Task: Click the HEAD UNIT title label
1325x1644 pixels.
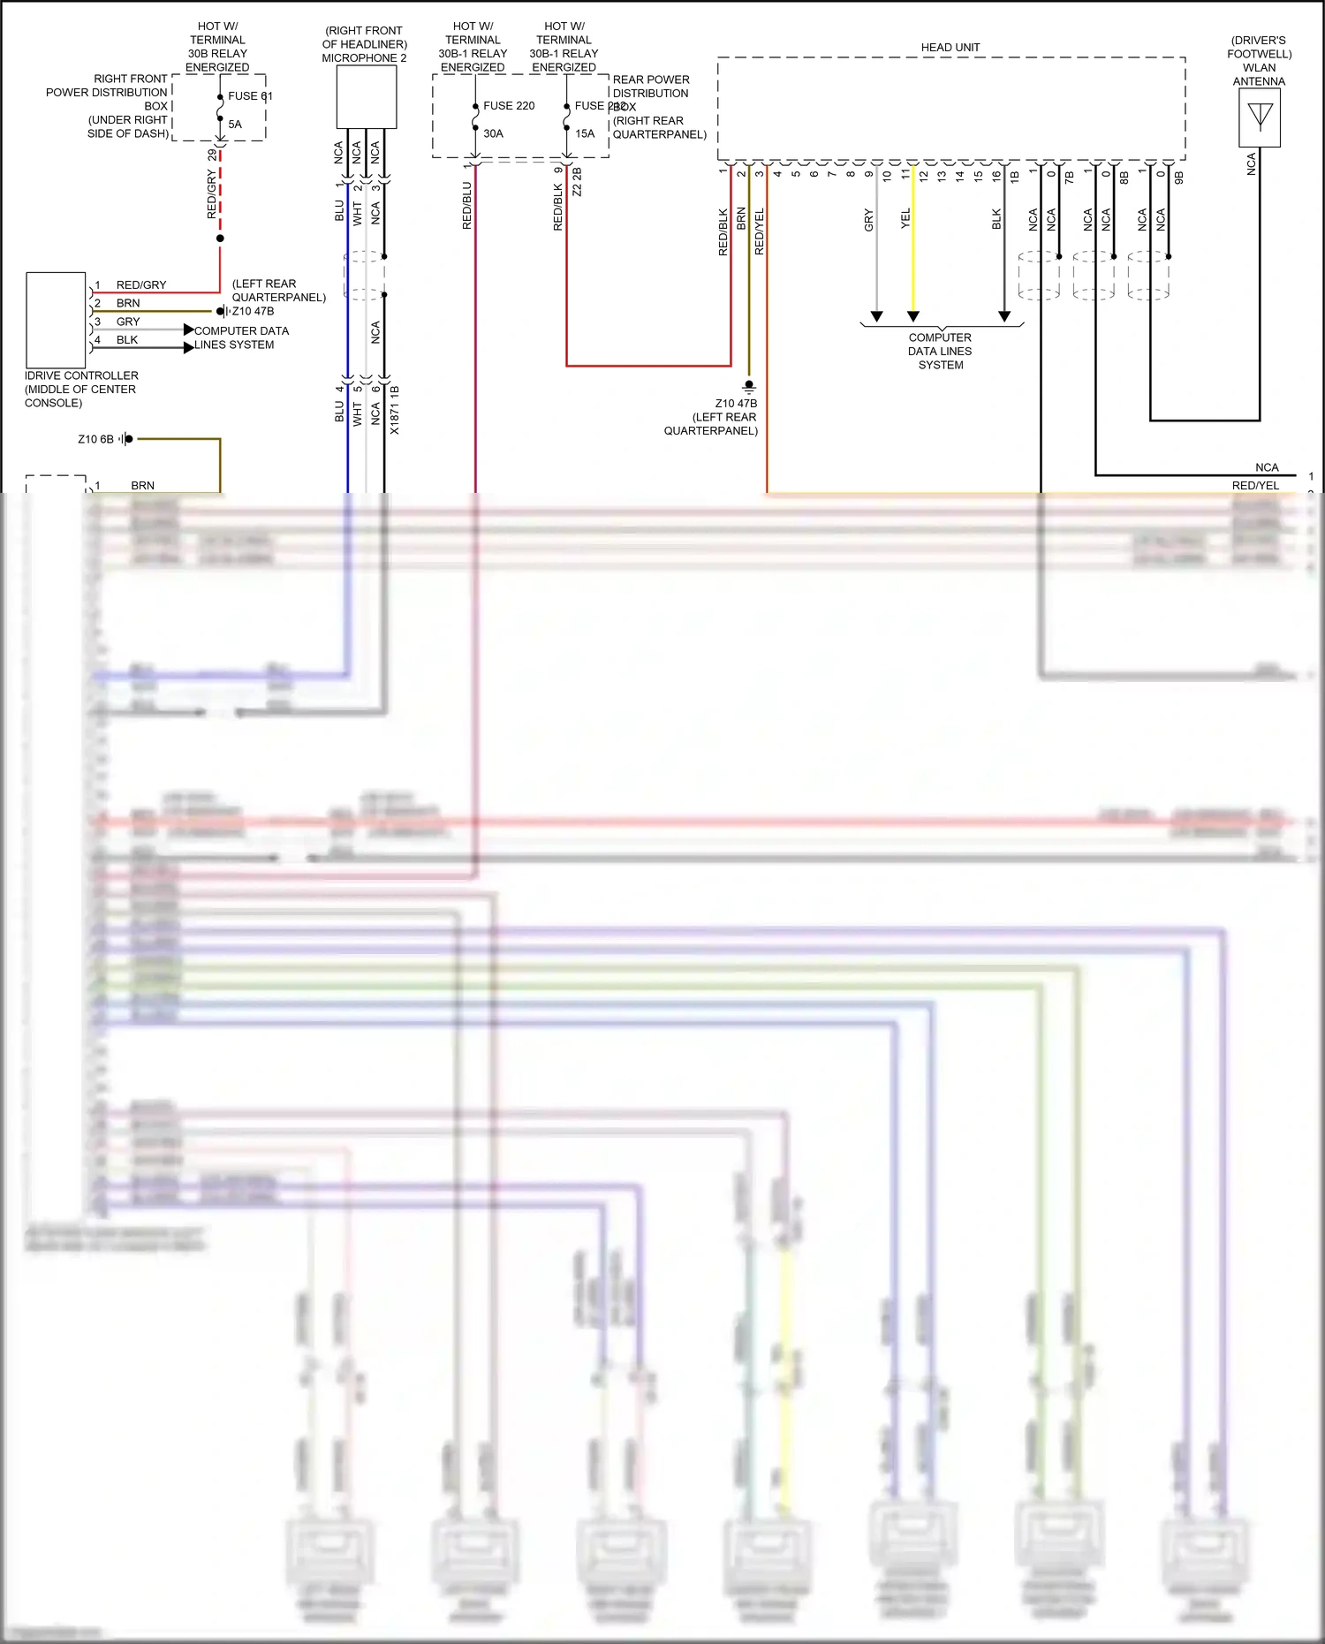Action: [950, 48]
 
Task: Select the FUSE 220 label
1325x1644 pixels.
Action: [509, 106]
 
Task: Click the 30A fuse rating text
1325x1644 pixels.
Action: [493, 134]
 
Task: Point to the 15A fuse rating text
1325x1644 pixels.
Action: [585, 134]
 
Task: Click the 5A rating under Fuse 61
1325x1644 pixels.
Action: [235, 125]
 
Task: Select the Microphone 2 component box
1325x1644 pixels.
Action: [366, 97]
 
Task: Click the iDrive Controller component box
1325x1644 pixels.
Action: [56, 320]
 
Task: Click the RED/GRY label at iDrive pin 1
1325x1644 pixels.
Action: [141, 285]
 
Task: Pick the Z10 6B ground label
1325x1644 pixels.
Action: [95, 439]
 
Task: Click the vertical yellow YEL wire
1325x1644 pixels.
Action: [913, 265]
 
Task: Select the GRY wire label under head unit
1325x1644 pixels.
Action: [868, 220]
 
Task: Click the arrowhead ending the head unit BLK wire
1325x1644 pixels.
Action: [1004, 316]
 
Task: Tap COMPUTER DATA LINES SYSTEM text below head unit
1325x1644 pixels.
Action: [940, 351]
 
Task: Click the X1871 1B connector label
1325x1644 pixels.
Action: [395, 410]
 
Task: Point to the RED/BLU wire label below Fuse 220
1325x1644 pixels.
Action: [467, 206]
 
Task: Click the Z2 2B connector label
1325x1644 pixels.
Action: [577, 181]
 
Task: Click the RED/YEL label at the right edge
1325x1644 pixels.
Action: [1255, 486]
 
